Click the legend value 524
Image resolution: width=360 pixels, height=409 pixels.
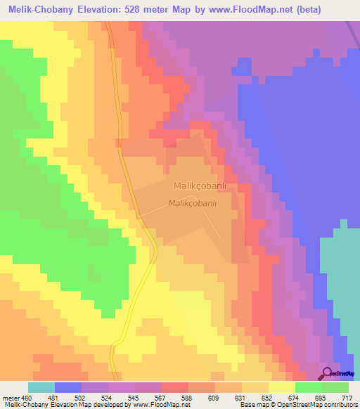108,397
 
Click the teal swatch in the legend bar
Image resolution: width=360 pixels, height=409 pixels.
41,387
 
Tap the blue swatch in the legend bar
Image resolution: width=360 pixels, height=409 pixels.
68,387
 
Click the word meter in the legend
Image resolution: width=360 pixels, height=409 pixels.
11,397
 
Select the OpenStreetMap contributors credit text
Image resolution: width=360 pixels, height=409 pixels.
317,405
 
